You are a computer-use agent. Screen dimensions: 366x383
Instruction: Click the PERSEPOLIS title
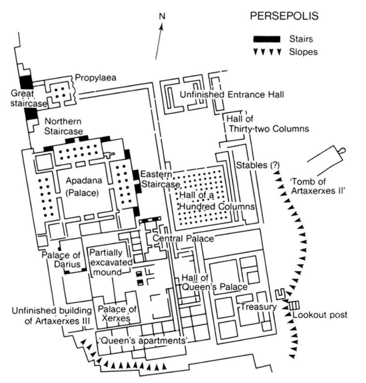click(284, 16)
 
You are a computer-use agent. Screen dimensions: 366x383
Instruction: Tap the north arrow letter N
click(162, 16)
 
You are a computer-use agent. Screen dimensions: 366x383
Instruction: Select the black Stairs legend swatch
click(267, 39)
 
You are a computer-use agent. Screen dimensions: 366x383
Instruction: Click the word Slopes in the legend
click(303, 52)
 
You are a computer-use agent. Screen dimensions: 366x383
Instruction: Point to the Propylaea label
click(96, 78)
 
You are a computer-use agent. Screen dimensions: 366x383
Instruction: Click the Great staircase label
click(29, 98)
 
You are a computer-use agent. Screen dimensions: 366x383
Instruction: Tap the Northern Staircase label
click(63, 126)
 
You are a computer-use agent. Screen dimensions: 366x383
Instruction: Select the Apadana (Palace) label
click(84, 187)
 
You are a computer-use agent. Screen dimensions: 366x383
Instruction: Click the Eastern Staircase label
click(160, 179)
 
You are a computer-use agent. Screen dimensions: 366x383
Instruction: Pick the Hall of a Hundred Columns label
click(217, 201)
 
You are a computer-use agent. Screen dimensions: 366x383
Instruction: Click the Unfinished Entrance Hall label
click(232, 95)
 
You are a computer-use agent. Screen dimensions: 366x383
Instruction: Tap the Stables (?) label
click(258, 166)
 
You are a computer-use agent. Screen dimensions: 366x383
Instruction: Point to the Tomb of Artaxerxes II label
click(318, 186)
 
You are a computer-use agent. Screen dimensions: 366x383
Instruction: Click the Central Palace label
click(183, 238)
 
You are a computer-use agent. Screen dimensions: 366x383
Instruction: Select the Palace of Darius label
click(61, 260)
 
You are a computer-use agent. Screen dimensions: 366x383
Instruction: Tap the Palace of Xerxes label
click(117, 314)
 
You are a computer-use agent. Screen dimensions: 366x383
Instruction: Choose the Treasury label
click(258, 307)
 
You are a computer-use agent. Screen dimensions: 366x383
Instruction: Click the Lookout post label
click(320, 315)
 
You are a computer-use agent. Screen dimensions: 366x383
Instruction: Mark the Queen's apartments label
click(142, 341)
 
